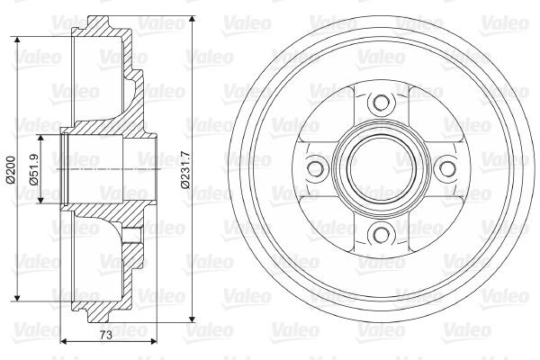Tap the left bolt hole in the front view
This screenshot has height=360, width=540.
pos(315,168)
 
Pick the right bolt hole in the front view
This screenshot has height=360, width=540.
pos(443,168)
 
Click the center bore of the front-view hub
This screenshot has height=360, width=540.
pos(379,168)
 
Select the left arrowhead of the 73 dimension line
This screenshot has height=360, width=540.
pos(64,342)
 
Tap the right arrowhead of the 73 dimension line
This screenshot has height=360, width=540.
pos(154,342)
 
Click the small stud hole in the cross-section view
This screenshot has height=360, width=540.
pos(132,235)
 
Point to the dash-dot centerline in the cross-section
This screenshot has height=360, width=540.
pos(108,168)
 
